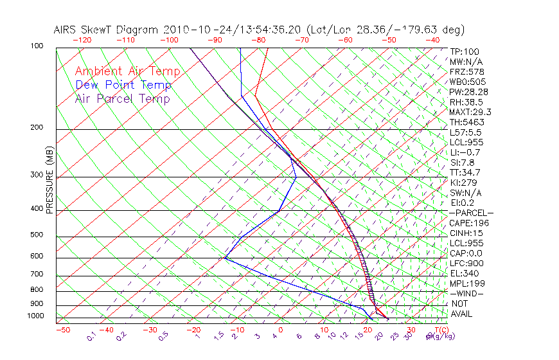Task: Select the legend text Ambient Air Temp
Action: (127, 71)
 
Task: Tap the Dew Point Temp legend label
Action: (123, 85)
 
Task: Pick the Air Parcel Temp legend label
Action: (122, 98)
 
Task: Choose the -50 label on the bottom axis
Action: (62, 330)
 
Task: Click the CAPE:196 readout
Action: (469, 223)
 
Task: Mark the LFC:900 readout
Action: (467, 264)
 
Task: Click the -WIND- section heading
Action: (467, 294)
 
